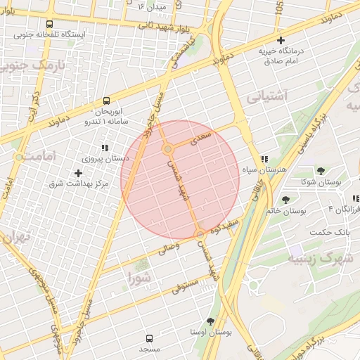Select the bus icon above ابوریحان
pyautogui.click(x=106, y=101)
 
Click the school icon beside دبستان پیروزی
pyautogui.click(x=105, y=148)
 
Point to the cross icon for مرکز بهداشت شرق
pyautogui.click(x=78, y=173)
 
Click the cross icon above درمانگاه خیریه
pyautogui.click(x=281, y=40)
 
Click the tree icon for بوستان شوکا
pyautogui.click(x=321, y=171)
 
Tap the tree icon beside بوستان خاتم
pyautogui.click(x=285, y=200)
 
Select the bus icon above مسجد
pyautogui.click(x=149, y=338)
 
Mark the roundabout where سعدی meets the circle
pyautogui.click(x=168, y=150)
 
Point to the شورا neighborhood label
pyautogui.click(x=140, y=278)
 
